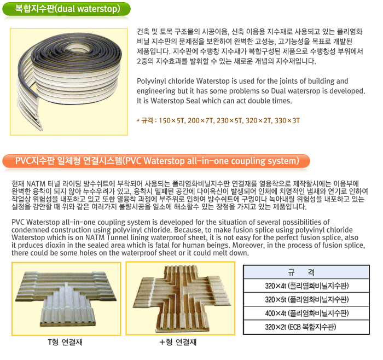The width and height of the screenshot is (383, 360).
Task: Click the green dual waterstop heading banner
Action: (66, 9)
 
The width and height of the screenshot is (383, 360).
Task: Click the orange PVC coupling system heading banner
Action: (156, 161)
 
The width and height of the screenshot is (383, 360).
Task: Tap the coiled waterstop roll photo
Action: (68, 82)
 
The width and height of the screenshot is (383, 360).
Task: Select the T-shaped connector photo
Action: (66, 299)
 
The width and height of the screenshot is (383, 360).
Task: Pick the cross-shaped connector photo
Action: (181, 298)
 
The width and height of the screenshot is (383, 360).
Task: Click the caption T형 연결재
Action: (65, 342)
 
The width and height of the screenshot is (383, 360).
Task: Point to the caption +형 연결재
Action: (178, 342)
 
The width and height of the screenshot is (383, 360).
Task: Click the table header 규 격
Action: (306, 272)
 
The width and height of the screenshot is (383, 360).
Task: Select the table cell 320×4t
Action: (306, 286)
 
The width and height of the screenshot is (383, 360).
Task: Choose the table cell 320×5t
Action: (306, 299)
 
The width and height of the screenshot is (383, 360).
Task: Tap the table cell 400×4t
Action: (306, 313)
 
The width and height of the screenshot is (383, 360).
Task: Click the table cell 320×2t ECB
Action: (306, 327)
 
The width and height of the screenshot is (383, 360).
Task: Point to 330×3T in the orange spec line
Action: (287, 121)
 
